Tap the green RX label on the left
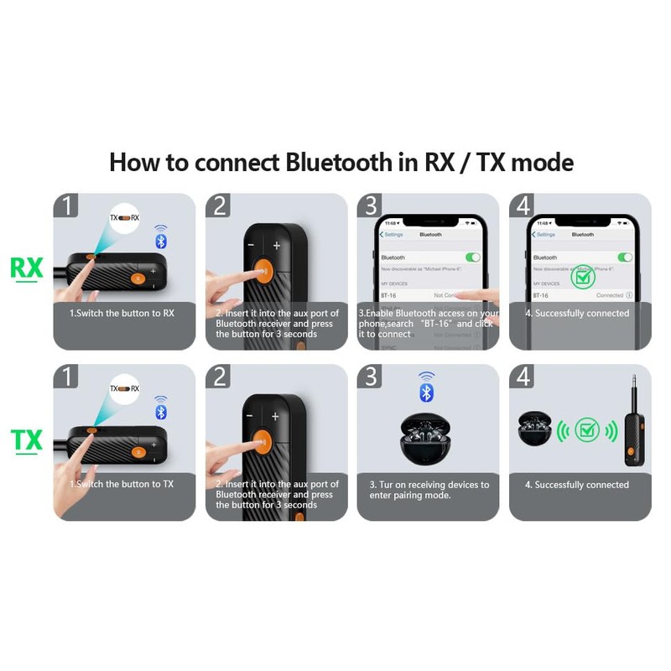[26, 268]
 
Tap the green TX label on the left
[26, 440]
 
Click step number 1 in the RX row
[66, 206]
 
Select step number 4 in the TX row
[523, 377]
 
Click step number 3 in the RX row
[371, 206]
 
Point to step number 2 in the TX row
[219, 377]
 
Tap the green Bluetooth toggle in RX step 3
[472, 257]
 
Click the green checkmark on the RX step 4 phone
[582, 276]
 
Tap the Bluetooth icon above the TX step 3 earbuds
[427, 389]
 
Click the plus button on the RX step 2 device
[277, 246]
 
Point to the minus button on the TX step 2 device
[249, 417]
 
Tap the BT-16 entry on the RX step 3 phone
[388, 295]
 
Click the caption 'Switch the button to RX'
[122, 314]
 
